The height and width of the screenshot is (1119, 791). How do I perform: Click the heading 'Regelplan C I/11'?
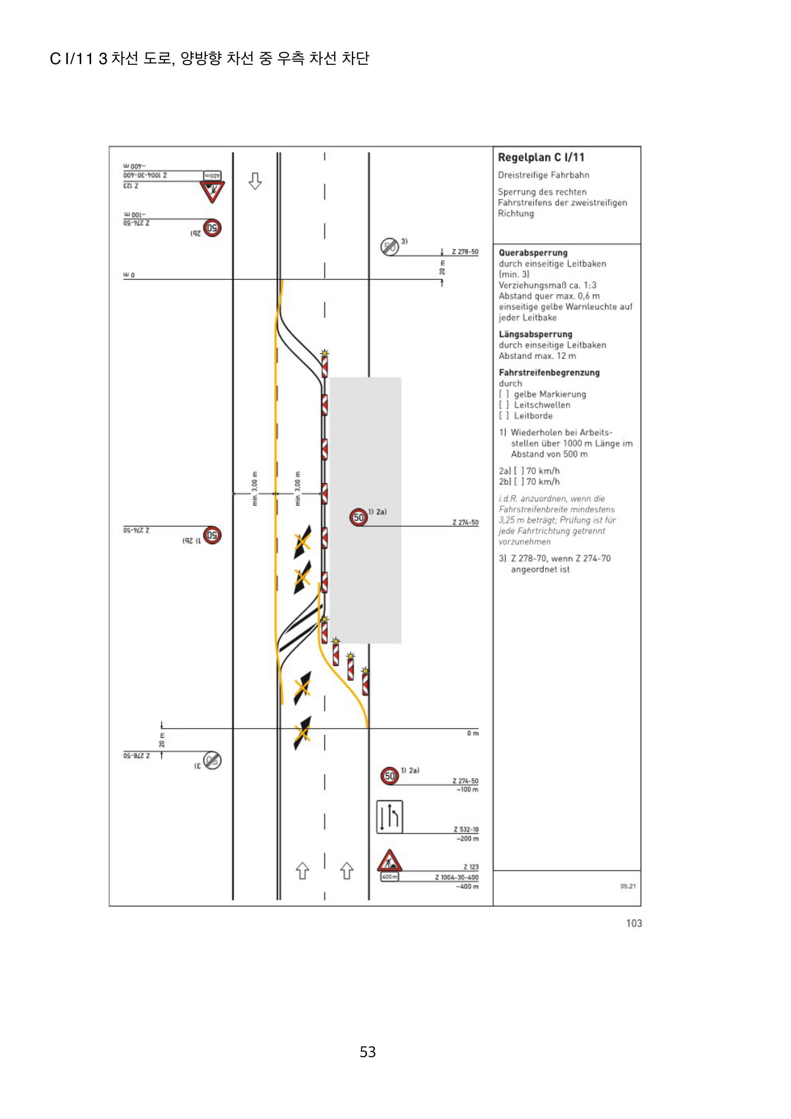541,158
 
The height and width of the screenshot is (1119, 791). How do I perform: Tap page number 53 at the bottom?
367,1052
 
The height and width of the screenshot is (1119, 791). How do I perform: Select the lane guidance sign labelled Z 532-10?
389,817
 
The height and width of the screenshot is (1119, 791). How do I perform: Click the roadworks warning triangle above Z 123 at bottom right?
389,861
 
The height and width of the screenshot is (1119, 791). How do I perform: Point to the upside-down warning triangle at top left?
212,192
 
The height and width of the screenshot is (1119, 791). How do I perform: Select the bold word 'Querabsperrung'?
533,253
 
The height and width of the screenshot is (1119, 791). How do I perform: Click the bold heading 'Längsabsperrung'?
535,334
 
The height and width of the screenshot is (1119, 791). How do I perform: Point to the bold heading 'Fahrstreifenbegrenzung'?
549,372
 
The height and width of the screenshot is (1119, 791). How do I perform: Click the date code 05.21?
628,886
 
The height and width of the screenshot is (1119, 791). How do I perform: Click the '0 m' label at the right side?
472,733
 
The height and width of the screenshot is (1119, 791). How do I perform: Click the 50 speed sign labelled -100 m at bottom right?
389,776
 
